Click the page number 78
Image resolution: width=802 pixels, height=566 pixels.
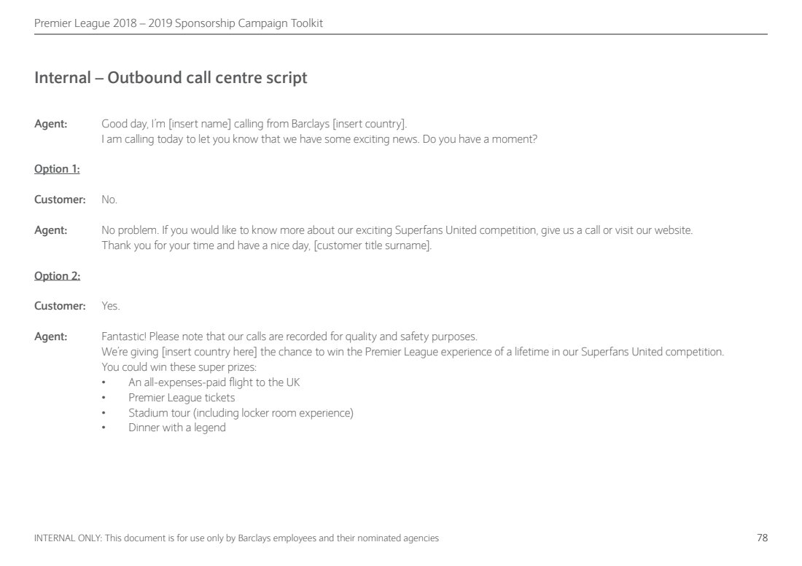coord(762,538)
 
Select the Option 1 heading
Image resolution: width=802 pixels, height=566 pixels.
coord(57,169)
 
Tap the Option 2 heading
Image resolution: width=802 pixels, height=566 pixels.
coord(57,275)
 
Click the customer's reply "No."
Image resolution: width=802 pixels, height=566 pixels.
coord(109,200)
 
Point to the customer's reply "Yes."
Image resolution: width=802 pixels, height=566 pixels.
coord(111,306)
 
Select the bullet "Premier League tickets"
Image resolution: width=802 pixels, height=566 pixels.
coord(182,398)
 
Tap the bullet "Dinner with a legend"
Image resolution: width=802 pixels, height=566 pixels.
coord(177,428)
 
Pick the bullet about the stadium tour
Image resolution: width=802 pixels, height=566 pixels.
coord(241,413)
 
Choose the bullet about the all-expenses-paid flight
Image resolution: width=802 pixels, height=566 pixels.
coord(214,382)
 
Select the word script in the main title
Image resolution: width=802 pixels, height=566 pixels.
coord(287,78)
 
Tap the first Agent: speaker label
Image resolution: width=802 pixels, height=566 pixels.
coord(51,124)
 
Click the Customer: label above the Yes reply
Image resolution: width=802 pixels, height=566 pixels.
coord(60,306)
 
